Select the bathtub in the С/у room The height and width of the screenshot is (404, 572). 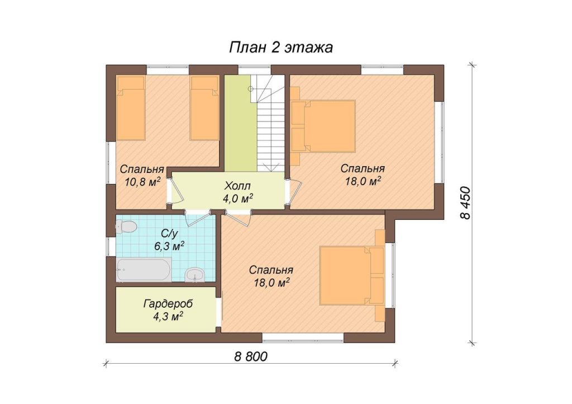point(144,270)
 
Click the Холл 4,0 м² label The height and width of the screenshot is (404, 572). point(238,192)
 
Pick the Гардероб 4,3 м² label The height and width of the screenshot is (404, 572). point(168,310)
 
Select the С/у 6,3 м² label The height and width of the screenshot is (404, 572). point(169,239)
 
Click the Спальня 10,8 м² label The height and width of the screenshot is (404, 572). point(142,176)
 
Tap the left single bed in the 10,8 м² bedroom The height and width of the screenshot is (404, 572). point(131,108)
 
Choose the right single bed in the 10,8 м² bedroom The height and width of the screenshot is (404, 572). point(204,108)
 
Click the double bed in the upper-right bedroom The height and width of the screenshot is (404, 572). point(323,126)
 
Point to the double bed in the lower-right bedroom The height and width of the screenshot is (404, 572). point(352,275)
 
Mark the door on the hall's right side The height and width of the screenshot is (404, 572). point(294,191)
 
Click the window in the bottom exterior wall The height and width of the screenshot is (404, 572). point(303,337)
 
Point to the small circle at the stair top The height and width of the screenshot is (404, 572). point(250,89)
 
